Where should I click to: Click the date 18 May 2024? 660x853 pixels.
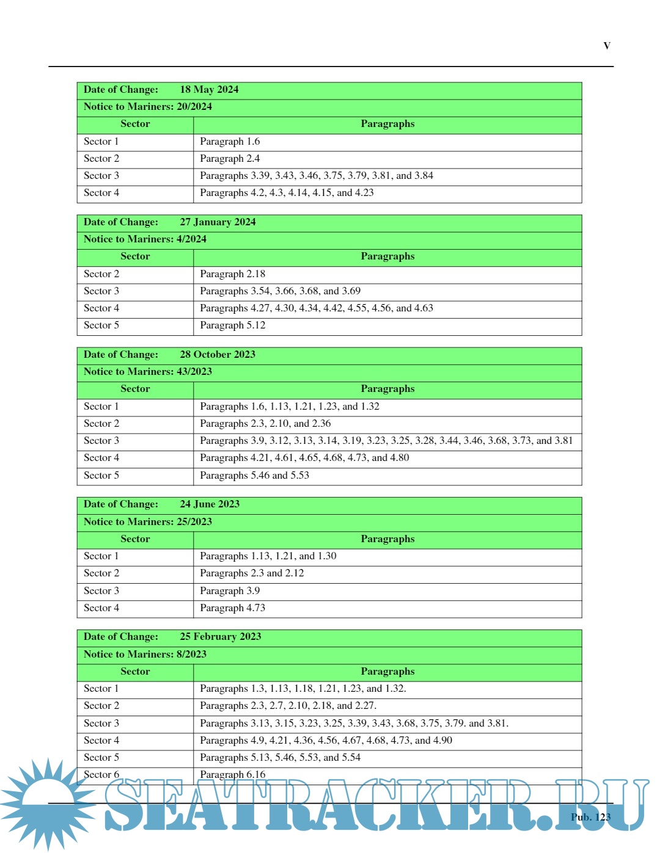tap(209, 90)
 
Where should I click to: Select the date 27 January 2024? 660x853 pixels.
tap(218, 222)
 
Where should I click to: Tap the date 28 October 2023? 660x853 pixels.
tap(218, 355)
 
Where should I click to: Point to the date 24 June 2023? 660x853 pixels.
tap(210, 504)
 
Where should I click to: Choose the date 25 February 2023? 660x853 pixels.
tap(220, 637)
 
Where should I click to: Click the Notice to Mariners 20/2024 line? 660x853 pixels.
tap(148, 107)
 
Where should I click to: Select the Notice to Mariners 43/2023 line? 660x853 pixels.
tap(148, 372)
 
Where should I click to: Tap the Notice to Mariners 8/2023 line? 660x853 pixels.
tap(145, 655)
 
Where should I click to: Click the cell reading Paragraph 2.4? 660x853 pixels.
tap(230, 159)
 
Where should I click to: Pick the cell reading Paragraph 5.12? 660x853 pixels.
tap(233, 325)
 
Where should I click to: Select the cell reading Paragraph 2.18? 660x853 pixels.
tap(233, 274)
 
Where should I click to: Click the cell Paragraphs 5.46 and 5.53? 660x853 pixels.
tap(254, 476)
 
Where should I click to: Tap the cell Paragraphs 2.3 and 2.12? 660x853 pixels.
tap(252, 573)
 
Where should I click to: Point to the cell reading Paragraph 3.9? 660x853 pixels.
tap(230, 591)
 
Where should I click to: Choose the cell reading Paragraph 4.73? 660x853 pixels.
tap(233, 608)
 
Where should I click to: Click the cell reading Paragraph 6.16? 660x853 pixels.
tap(233, 775)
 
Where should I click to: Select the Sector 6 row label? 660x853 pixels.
tap(101, 775)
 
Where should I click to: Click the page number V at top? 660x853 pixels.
tap(607, 46)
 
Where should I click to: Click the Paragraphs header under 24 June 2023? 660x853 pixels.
tap(387, 539)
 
